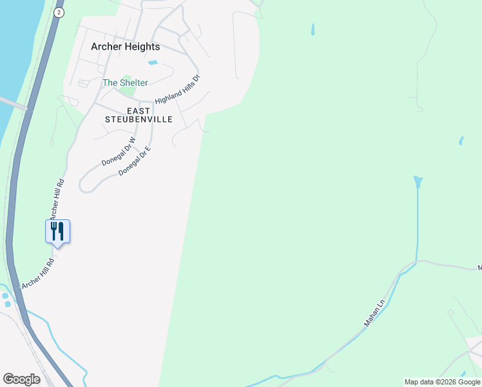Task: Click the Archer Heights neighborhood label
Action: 125,46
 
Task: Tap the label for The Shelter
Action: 125,83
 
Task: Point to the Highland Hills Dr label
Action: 178,89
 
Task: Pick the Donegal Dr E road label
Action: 134,161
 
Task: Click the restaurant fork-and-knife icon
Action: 57,231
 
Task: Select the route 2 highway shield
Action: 59,12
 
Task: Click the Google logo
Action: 21,379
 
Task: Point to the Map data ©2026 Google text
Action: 442,382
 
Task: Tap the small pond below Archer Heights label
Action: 153,63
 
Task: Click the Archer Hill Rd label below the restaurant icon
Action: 36,275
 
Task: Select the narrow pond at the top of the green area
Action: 313,29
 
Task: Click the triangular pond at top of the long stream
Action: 418,181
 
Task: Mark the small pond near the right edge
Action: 461,141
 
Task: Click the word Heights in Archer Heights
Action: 142,46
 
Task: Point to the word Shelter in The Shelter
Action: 133,83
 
